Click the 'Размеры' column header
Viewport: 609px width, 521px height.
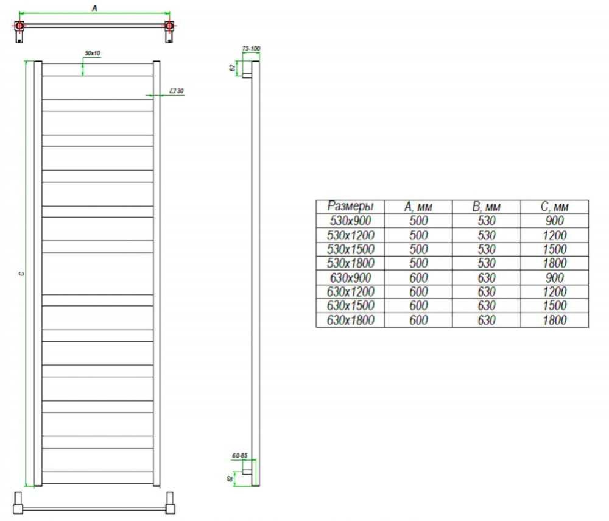350,206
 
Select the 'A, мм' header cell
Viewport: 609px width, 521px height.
418,207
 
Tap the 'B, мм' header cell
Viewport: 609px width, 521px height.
486,207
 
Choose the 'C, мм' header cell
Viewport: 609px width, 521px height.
555,207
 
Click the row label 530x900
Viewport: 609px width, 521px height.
350,221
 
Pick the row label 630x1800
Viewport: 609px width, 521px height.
350,320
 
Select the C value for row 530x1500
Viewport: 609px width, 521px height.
555,249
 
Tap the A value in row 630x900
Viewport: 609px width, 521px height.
418,278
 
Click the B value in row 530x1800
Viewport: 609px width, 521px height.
486,263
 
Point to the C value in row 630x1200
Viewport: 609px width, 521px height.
555,291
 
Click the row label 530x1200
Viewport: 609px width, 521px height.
350,235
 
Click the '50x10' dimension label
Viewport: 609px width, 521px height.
93,53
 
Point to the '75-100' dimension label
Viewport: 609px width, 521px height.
251,49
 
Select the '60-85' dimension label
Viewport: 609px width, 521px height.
239,455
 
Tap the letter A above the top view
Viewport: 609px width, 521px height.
94,8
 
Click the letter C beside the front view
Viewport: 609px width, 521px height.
21,274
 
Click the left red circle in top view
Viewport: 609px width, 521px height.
19,26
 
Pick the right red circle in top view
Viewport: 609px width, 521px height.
169,26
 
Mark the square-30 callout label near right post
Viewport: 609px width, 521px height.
177,91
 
